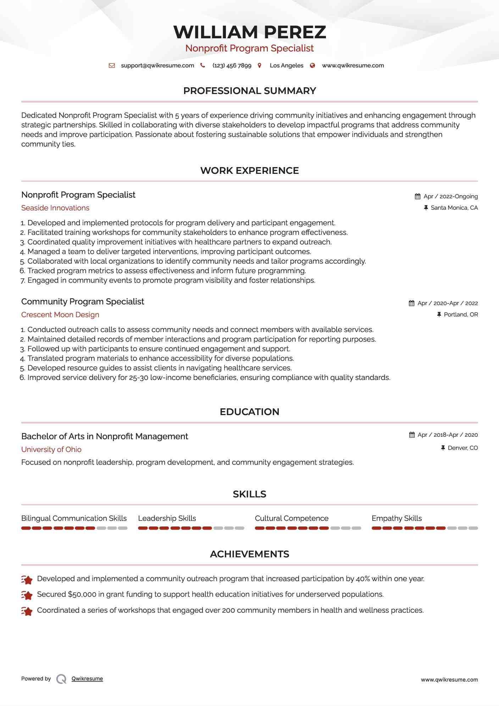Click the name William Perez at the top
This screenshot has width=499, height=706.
(x=249, y=32)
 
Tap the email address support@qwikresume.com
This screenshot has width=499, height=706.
(x=157, y=65)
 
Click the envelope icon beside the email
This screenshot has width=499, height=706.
(x=112, y=65)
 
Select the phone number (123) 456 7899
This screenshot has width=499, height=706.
(x=232, y=65)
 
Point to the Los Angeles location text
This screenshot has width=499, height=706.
(x=286, y=65)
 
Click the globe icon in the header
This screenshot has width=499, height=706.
(x=312, y=65)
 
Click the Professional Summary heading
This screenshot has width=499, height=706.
(x=249, y=91)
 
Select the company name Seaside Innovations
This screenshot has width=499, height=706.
(x=55, y=208)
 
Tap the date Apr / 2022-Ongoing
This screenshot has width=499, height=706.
(x=450, y=196)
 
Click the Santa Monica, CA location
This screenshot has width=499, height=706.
(x=454, y=208)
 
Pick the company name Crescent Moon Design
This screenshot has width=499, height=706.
(x=60, y=315)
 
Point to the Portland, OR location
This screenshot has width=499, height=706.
(x=461, y=314)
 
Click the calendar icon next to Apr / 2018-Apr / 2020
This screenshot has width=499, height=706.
(x=412, y=435)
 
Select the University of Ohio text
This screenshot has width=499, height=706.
(x=51, y=449)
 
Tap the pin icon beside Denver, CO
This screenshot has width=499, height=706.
(x=443, y=448)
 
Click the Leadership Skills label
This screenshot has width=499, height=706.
(x=167, y=518)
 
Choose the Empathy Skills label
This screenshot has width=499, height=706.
(x=397, y=518)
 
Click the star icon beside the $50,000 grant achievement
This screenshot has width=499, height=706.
(x=27, y=595)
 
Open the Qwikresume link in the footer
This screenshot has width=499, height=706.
(x=87, y=679)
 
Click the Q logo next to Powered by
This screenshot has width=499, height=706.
(x=61, y=679)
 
